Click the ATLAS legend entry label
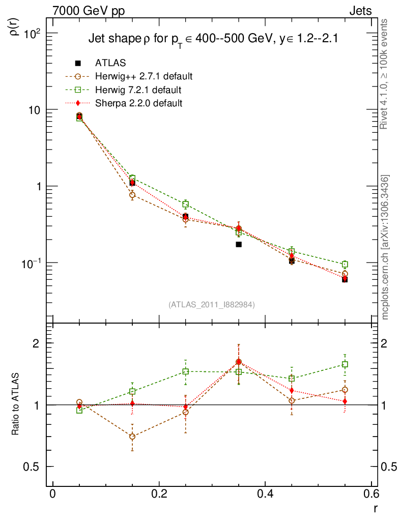[x=110, y=63]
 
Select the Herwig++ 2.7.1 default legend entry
[x=144, y=77]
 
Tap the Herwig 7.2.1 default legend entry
[x=138, y=90]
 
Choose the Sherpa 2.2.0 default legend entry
[x=139, y=103]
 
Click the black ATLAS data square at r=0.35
[x=239, y=244]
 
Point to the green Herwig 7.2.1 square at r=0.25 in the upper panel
[x=186, y=204]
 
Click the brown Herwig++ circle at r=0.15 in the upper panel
[x=132, y=195]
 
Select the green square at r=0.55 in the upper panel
[x=345, y=265]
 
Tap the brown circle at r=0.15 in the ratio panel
[x=132, y=437]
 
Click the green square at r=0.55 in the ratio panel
[x=345, y=364]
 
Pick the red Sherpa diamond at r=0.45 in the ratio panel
[x=292, y=391]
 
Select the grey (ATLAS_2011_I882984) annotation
[x=212, y=304]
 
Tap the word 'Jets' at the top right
[x=360, y=11]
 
